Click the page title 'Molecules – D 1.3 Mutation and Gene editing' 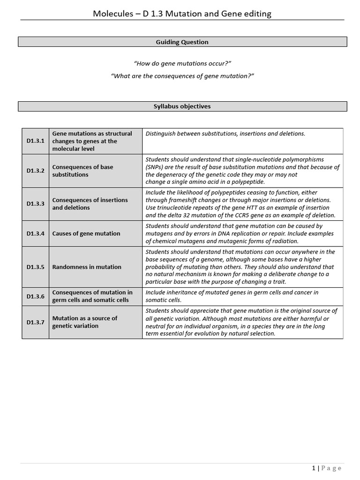(182, 14)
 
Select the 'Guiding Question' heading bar (182, 42)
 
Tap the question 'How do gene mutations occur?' (182, 63)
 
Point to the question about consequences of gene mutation (182, 76)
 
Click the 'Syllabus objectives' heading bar (182, 106)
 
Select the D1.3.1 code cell (36, 141)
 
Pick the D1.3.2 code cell (36, 171)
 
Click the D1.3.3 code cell (36, 204)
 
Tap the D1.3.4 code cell (36, 233)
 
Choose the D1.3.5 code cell (36, 267)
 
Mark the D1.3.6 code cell (36, 296)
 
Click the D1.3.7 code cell (36, 322)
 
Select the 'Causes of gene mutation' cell (86, 233)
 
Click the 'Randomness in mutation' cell (87, 267)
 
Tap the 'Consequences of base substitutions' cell (82, 171)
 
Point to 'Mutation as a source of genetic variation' (85, 322)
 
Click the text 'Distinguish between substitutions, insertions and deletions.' (225, 134)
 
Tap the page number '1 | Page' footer (327, 468)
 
